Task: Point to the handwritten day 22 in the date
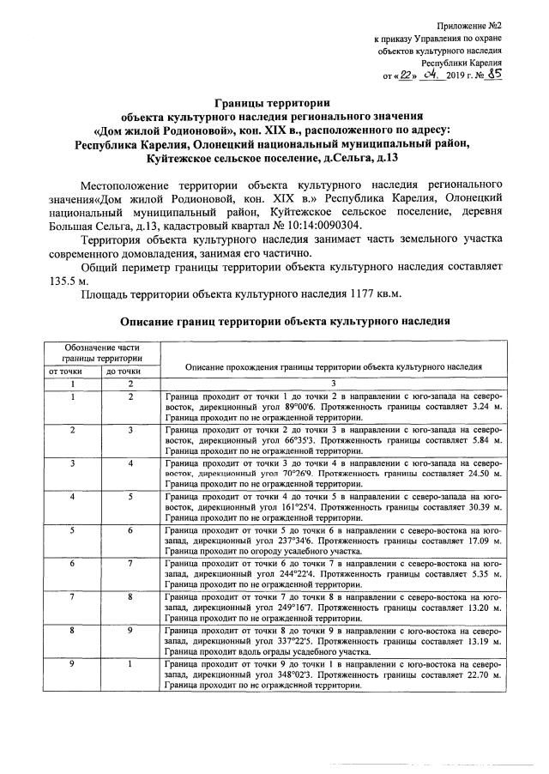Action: pyautogui.click(x=402, y=76)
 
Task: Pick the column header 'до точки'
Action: pyautogui.click(x=122, y=371)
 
